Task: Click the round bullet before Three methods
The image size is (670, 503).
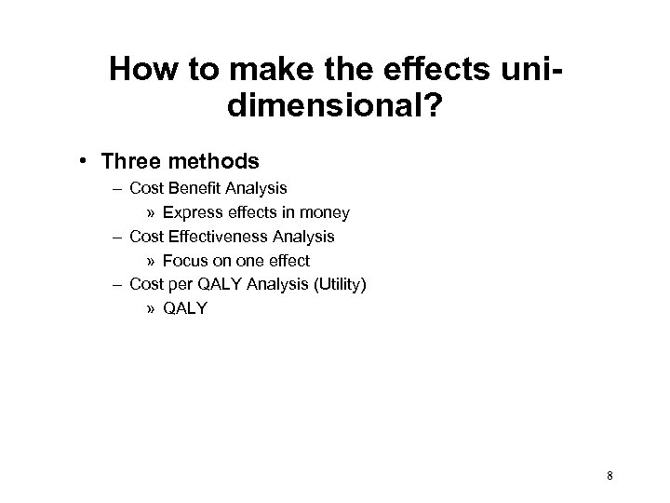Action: pyautogui.click(x=111, y=161)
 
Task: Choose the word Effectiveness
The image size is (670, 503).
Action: pyautogui.click(x=221, y=237)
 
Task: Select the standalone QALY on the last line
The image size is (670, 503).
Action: pyautogui.click(x=185, y=309)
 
